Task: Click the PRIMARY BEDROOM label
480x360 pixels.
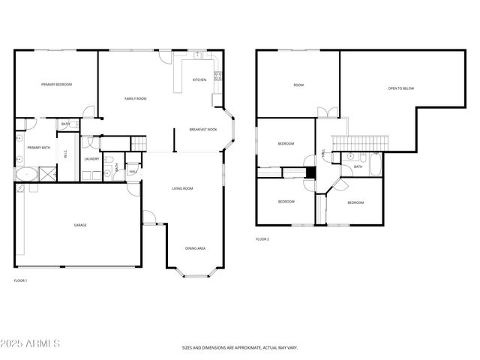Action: click(x=57, y=85)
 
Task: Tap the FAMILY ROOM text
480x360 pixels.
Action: click(x=135, y=99)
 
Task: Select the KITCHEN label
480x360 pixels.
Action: click(x=199, y=79)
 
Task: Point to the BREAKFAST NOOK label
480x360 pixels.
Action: click(x=203, y=129)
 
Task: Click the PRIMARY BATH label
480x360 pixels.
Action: click(x=39, y=148)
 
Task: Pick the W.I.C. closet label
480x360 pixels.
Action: click(x=66, y=156)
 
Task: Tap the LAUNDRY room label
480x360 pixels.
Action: click(x=91, y=159)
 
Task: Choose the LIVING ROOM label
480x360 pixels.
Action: click(x=182, y=188)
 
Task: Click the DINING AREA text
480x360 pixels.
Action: click(x=196, y=248)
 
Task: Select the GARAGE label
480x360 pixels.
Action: click(x=79, y=225)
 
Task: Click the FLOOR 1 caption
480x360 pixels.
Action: click(x=20, y=280)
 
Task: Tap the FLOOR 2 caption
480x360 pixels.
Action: click(x=262, y=238)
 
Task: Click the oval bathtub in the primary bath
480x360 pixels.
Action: click(x=28, y=175)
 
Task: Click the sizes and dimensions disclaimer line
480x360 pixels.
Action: click(x=239, y=348)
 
